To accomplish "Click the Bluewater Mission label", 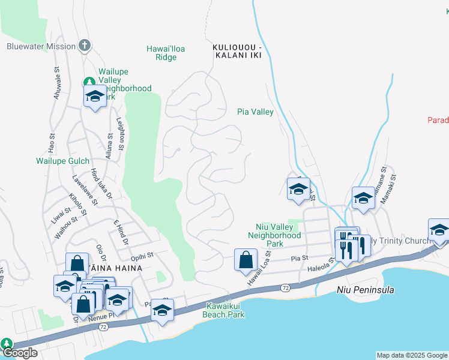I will (41, 46).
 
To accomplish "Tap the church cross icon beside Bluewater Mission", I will (85, 46).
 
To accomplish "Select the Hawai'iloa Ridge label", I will (161, 53).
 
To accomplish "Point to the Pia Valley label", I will (255, 112).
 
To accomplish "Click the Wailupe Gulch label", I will (62, 161).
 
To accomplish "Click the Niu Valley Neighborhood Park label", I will (274, 235).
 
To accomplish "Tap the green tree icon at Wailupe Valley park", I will (89, 82).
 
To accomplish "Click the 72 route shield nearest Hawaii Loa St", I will (285, 289).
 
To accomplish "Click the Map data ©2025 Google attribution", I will (412, 355).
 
